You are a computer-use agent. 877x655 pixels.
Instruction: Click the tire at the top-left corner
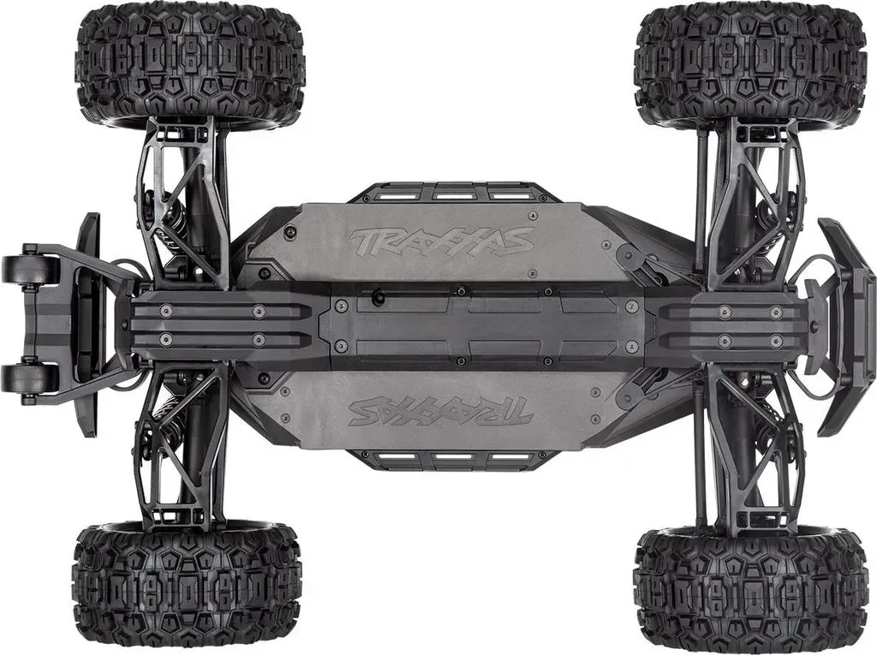click(x=190, y=63)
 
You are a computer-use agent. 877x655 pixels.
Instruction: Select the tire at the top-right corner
click(x=749, y=64)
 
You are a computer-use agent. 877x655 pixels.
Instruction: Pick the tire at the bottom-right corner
click(x=749, y=591)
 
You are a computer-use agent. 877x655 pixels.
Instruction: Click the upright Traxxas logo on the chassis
click(x=441, y=240)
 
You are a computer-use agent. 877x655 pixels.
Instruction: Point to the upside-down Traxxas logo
click(x=441, y=411)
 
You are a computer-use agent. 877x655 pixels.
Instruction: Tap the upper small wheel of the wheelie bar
click(x=30, y=269)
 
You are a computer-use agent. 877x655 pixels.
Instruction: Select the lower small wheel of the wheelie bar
click(x=30, y=378)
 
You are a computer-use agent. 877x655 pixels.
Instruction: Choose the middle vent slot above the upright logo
click(x=452, y=194)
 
